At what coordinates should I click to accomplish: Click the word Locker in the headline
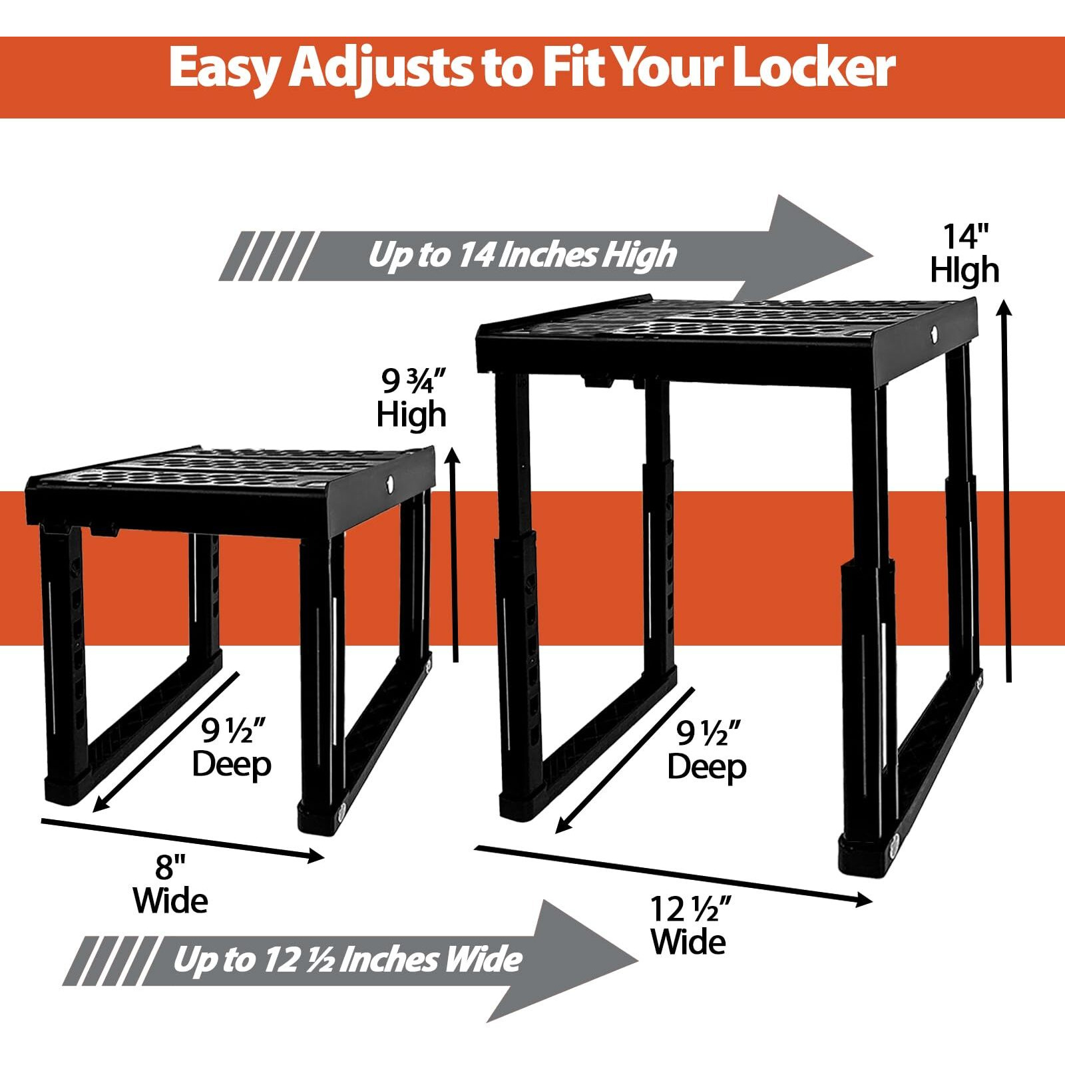pos(813,68)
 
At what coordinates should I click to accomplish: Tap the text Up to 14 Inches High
pos(522,255)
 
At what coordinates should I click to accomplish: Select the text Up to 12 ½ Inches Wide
pos(347,960)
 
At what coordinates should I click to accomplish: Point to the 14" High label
pos(964,254)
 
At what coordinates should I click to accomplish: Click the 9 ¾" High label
pos(411,398)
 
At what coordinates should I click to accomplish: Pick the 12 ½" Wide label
pos(689,925)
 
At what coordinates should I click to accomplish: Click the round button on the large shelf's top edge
pos(934,332)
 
